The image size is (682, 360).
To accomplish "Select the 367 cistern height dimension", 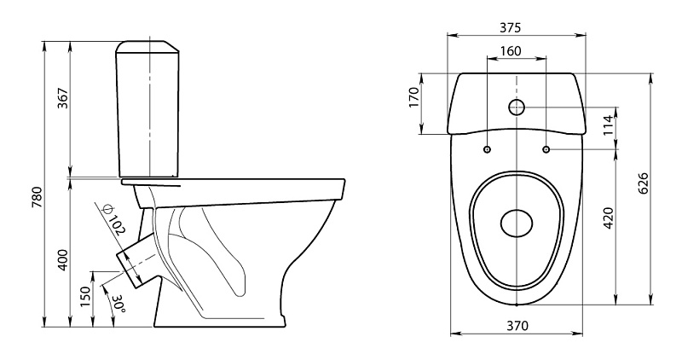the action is pos(63,98).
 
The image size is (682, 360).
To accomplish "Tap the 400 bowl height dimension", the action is pos(63,260).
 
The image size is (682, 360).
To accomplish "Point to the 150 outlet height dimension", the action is pos(86,297).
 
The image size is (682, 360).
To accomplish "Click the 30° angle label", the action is pos(118,305).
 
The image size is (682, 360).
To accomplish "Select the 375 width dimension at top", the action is pos(510,28).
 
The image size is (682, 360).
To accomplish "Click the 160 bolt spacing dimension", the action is pos(510,51).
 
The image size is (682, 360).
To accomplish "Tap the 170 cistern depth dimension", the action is pos(413,97).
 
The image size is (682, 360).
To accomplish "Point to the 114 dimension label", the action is pos(608,125).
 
